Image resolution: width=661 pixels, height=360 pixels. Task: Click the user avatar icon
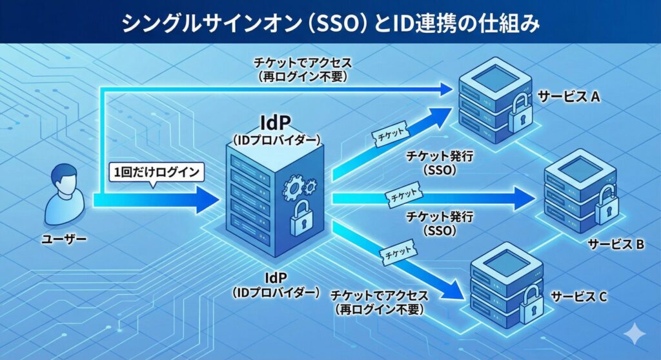coord(65,193)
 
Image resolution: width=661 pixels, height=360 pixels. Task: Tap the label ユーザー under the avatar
coord(64,239)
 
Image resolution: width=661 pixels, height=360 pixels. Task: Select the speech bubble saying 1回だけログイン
coord(156,172)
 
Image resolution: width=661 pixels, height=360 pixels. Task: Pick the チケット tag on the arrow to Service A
coord(389,131)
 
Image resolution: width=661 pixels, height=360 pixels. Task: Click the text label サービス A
coord(569,97)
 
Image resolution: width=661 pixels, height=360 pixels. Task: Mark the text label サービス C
coord(578,297)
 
